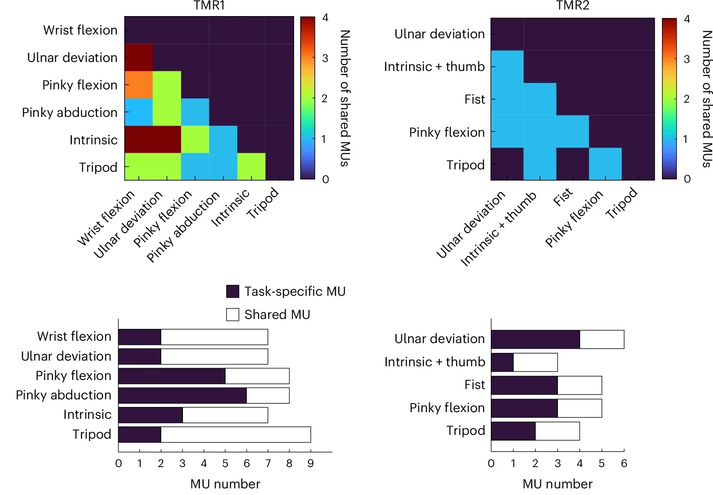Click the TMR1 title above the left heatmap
coord(209,6)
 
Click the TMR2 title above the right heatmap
coord(572,6)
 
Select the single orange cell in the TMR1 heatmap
coord(139,85)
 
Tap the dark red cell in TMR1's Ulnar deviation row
coord(139,57)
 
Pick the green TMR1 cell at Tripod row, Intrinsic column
coord(251,167)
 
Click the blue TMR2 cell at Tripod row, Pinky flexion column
coord(605,164)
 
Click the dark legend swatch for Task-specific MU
coord(233,292)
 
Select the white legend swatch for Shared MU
coord(233,315)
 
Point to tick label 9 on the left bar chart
coord(311,463)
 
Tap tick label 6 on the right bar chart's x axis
coord(624,463)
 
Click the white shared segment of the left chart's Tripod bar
coord(235,434)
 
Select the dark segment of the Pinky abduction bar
coord(182,395)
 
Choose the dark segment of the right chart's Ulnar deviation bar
coord(535,339)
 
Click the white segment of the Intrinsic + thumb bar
coord(535,362)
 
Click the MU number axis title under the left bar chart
coord(225,484)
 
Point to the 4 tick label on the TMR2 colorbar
coord(687,19)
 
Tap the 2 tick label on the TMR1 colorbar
coord(324,98)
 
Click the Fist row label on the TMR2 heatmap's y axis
coord(474,99)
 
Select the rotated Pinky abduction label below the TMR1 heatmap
coord(183,227)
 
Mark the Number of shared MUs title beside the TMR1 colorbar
coord(345,98)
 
